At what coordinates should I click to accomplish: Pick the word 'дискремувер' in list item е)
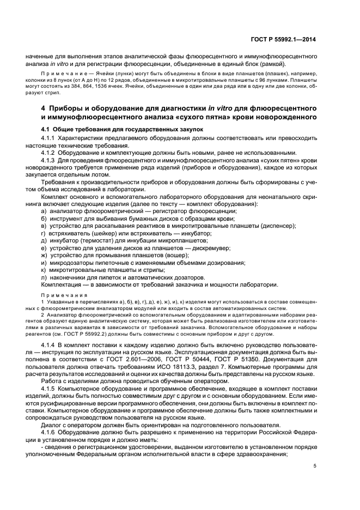[211, 247]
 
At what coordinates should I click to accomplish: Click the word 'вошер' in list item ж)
[182, 254]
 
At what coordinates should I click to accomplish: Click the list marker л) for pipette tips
[44, 277]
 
